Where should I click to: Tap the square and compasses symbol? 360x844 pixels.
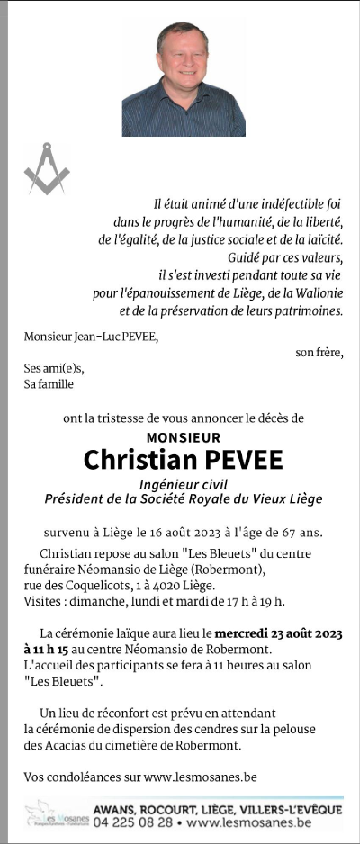[x=47, y=168]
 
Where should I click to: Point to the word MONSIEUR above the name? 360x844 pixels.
[x=183, y=437]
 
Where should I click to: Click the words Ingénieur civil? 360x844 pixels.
[x=184, y=483]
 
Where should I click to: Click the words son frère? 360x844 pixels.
[x=319, y=352]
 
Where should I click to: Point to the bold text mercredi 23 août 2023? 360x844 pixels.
[x=279, y=632]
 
